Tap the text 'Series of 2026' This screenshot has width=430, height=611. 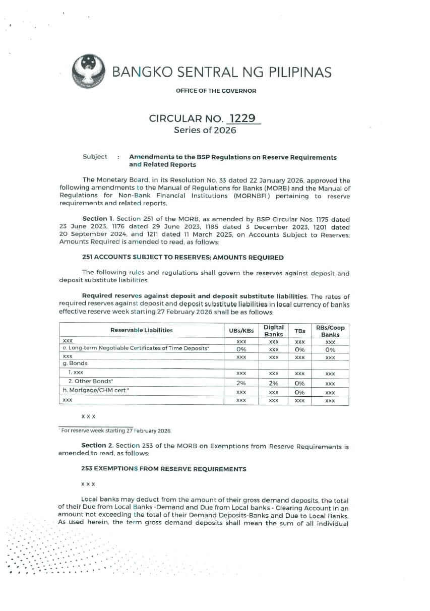[x=205, y=130]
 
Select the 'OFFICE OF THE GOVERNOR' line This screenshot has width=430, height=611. [x=216, y=91]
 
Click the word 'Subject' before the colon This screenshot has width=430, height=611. [x=95, y=157]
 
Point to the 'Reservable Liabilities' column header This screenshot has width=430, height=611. [x=141, y=330]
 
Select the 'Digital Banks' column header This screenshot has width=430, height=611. [x=274, y=331]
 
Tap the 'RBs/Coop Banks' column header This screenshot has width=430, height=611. [x=330, y=331]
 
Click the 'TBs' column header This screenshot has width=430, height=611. [x=299, y=331]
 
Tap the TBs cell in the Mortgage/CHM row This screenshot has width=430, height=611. [x=299, y=392]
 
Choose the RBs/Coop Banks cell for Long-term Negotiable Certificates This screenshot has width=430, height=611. [x=330, y=349]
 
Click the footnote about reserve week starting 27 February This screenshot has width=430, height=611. [x=116, y=431]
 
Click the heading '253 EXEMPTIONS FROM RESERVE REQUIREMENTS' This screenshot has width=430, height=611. [x=164, y=469]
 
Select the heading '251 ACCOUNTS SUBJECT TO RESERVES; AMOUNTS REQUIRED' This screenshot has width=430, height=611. [x=182, y=257]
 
